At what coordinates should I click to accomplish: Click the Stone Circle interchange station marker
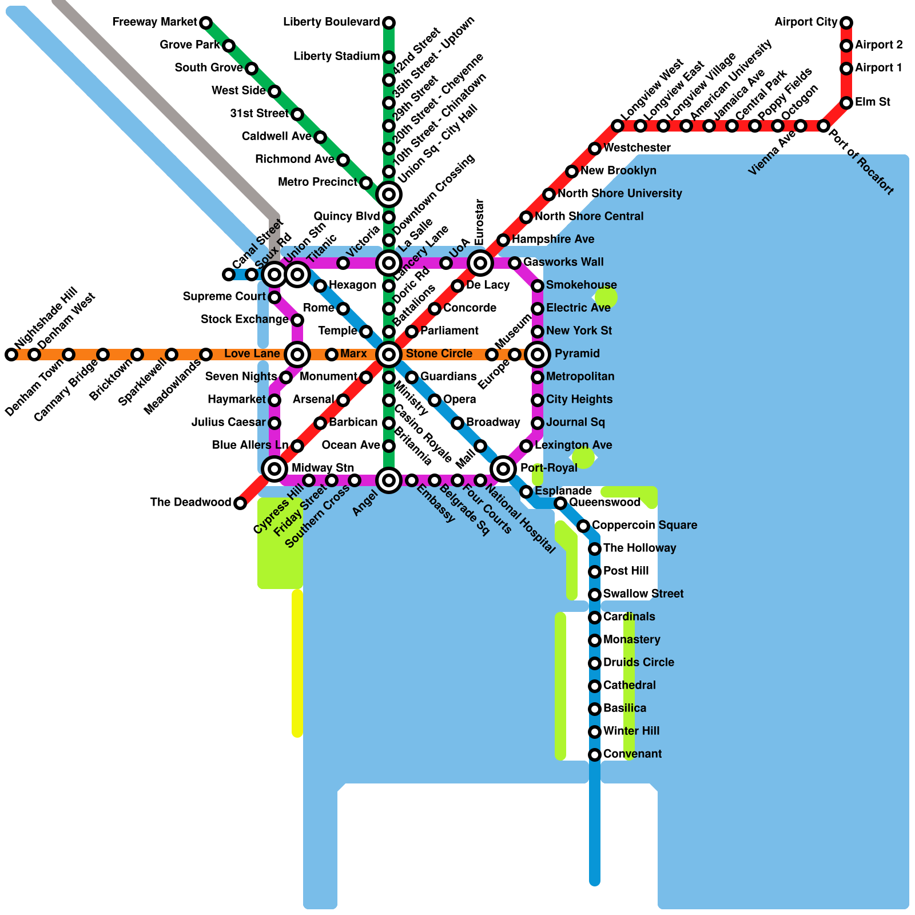click(x=389, y=355)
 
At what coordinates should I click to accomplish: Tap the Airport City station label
click(x=806, y=22)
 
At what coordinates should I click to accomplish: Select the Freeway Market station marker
click(x=206, y=23)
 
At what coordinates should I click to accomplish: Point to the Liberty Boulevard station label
click(x=332, y=22)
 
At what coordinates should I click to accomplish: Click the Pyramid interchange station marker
click(x=538, y=355)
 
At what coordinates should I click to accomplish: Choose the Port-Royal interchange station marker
click(x=503, y=469)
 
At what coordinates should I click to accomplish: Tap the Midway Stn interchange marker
click(x=274, y=469)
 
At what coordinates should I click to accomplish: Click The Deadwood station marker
click(x=240, y=503)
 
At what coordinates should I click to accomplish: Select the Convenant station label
click(x=632, y=754)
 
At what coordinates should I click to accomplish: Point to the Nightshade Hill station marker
click(x=11, y=355)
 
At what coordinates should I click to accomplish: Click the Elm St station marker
click(x=846, y=103)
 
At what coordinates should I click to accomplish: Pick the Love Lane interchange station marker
click(x=297, y=355)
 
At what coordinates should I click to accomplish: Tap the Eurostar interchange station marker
click(x=480, y=263)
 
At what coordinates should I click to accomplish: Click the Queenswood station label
click(x=604, y=503)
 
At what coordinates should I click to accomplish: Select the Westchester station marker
click(x=595, y=149)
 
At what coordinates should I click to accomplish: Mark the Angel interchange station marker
click(x=389, y=480)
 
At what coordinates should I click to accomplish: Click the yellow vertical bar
click(x=297, y=663)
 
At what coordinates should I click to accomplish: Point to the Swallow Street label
click(x=643, y=594)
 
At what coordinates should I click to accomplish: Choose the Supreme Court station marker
click(x=274, y=297)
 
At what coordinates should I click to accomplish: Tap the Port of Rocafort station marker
click(x=823, y=126)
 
